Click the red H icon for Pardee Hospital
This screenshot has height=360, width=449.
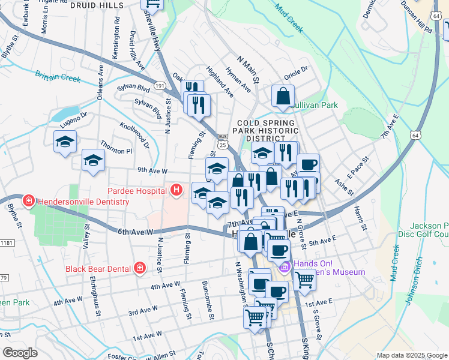coord(176,191)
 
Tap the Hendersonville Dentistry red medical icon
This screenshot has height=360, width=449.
coord(27,200)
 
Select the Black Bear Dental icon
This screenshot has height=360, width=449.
coord(139,268)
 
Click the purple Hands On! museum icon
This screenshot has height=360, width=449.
coord(285,266)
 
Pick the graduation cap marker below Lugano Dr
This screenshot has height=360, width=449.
coord(64,142)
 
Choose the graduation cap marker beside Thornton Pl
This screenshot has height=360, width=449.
coord(93,160)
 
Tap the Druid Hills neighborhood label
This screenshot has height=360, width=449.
coord(97,5)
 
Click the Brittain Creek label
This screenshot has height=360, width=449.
coord(58,77)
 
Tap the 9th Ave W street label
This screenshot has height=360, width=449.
coord(152,170)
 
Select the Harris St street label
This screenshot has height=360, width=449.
coord(360,219)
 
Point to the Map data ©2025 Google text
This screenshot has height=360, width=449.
coord(411,355)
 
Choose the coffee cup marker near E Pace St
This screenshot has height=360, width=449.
coord(308,163)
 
